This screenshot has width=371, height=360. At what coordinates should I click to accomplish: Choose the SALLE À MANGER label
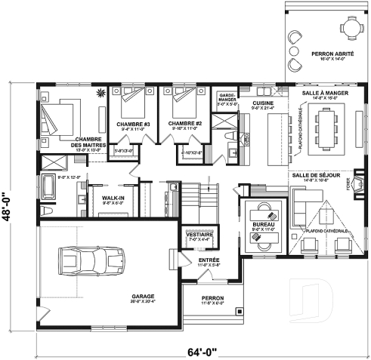pos(320,90)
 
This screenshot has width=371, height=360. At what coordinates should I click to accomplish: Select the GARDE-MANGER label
pos(227,99)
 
